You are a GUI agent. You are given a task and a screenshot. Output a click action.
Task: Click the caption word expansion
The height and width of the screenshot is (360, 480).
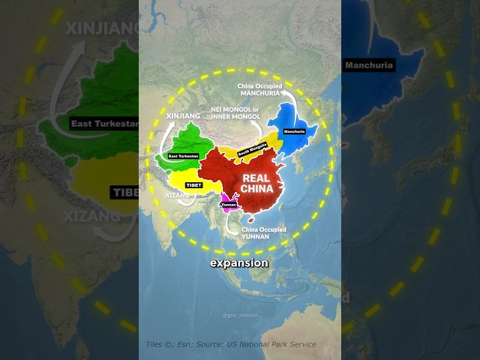point(238,264)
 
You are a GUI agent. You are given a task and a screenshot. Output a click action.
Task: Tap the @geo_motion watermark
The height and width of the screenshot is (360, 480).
point(239,315)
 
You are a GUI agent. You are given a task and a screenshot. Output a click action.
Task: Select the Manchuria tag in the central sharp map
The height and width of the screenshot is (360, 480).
point(294,132)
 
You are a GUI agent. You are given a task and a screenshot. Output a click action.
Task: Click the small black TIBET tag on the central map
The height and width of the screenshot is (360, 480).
point(193,184)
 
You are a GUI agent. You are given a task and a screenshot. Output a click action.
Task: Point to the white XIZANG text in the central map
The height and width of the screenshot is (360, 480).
point(178,194)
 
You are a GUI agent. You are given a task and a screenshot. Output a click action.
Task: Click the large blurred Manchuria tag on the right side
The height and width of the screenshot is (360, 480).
point(369,65)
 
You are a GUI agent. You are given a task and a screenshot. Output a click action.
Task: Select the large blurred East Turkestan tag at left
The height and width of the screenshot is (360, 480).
point(103,123)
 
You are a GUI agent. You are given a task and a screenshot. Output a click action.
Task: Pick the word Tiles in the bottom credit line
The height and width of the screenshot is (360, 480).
point(154,344)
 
